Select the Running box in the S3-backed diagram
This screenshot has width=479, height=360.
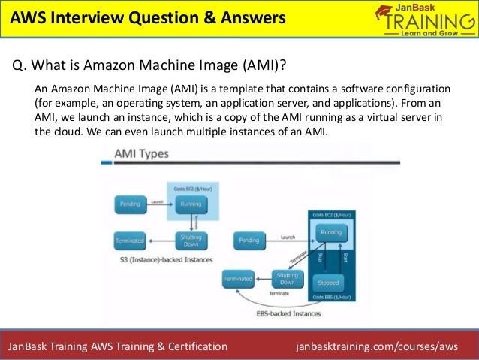(191, 203)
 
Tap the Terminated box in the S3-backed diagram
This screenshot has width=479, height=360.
(129, 241)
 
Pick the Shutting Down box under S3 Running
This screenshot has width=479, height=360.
(191, 241)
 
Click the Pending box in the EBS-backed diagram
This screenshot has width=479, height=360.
(249, 241)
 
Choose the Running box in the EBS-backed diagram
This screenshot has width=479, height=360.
(331, 233)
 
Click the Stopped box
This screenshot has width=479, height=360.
(328, 283)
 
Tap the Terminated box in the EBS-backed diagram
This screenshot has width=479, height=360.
(238, 279)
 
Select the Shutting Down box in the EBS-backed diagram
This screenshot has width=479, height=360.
(288, 278)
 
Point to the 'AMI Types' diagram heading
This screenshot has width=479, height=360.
(140, 154)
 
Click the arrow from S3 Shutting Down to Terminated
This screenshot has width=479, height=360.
(161, 241)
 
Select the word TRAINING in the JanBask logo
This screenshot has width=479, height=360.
(427, 24)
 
